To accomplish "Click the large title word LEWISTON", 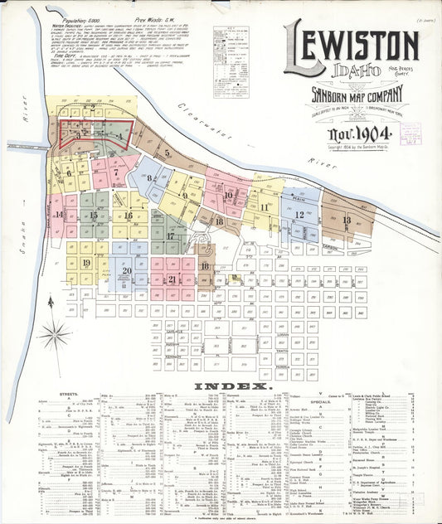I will pos(352,46).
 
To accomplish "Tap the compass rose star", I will pos(56,336).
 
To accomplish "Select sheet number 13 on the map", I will pos(346,220).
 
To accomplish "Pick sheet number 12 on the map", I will pos(299,214).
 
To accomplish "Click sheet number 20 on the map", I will pos(126,270).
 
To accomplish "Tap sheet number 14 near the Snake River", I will pos(59,215).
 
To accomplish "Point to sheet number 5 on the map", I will pos(167,153).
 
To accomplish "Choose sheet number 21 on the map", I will pos(172,279).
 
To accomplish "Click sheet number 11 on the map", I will pos(264,207).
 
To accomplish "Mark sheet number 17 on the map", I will pos(170,236).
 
